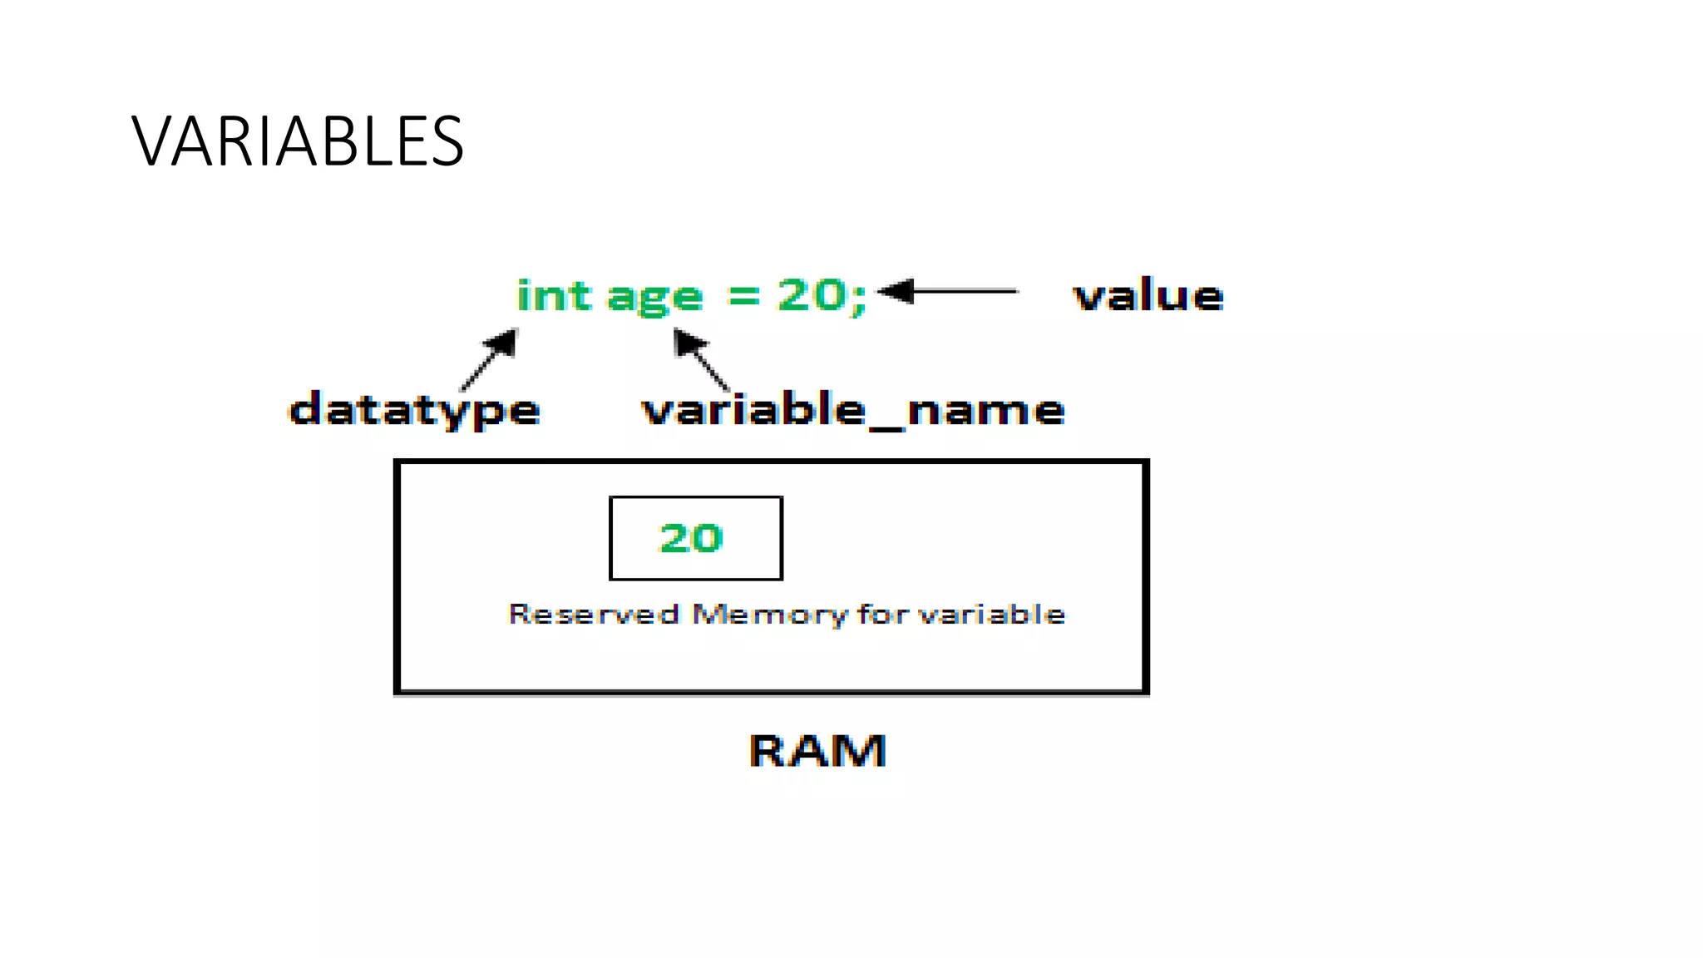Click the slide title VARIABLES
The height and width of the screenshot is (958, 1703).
[298, 141]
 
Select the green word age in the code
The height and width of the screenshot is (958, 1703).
[655, 299]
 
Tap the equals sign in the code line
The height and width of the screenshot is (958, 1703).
[743, 295]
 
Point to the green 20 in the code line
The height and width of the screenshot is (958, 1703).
[812, 294]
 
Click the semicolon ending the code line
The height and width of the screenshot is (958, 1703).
[859, 298]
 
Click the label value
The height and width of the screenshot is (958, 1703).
[1148, 296]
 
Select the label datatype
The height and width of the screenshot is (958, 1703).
[414, 411]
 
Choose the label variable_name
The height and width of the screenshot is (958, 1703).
[852, 411]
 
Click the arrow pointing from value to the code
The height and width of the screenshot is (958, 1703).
[948, 291]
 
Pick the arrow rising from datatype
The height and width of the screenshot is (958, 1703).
[490, 359]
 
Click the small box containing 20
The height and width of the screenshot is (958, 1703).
[695, 538]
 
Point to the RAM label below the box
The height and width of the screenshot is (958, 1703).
[817, 751]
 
